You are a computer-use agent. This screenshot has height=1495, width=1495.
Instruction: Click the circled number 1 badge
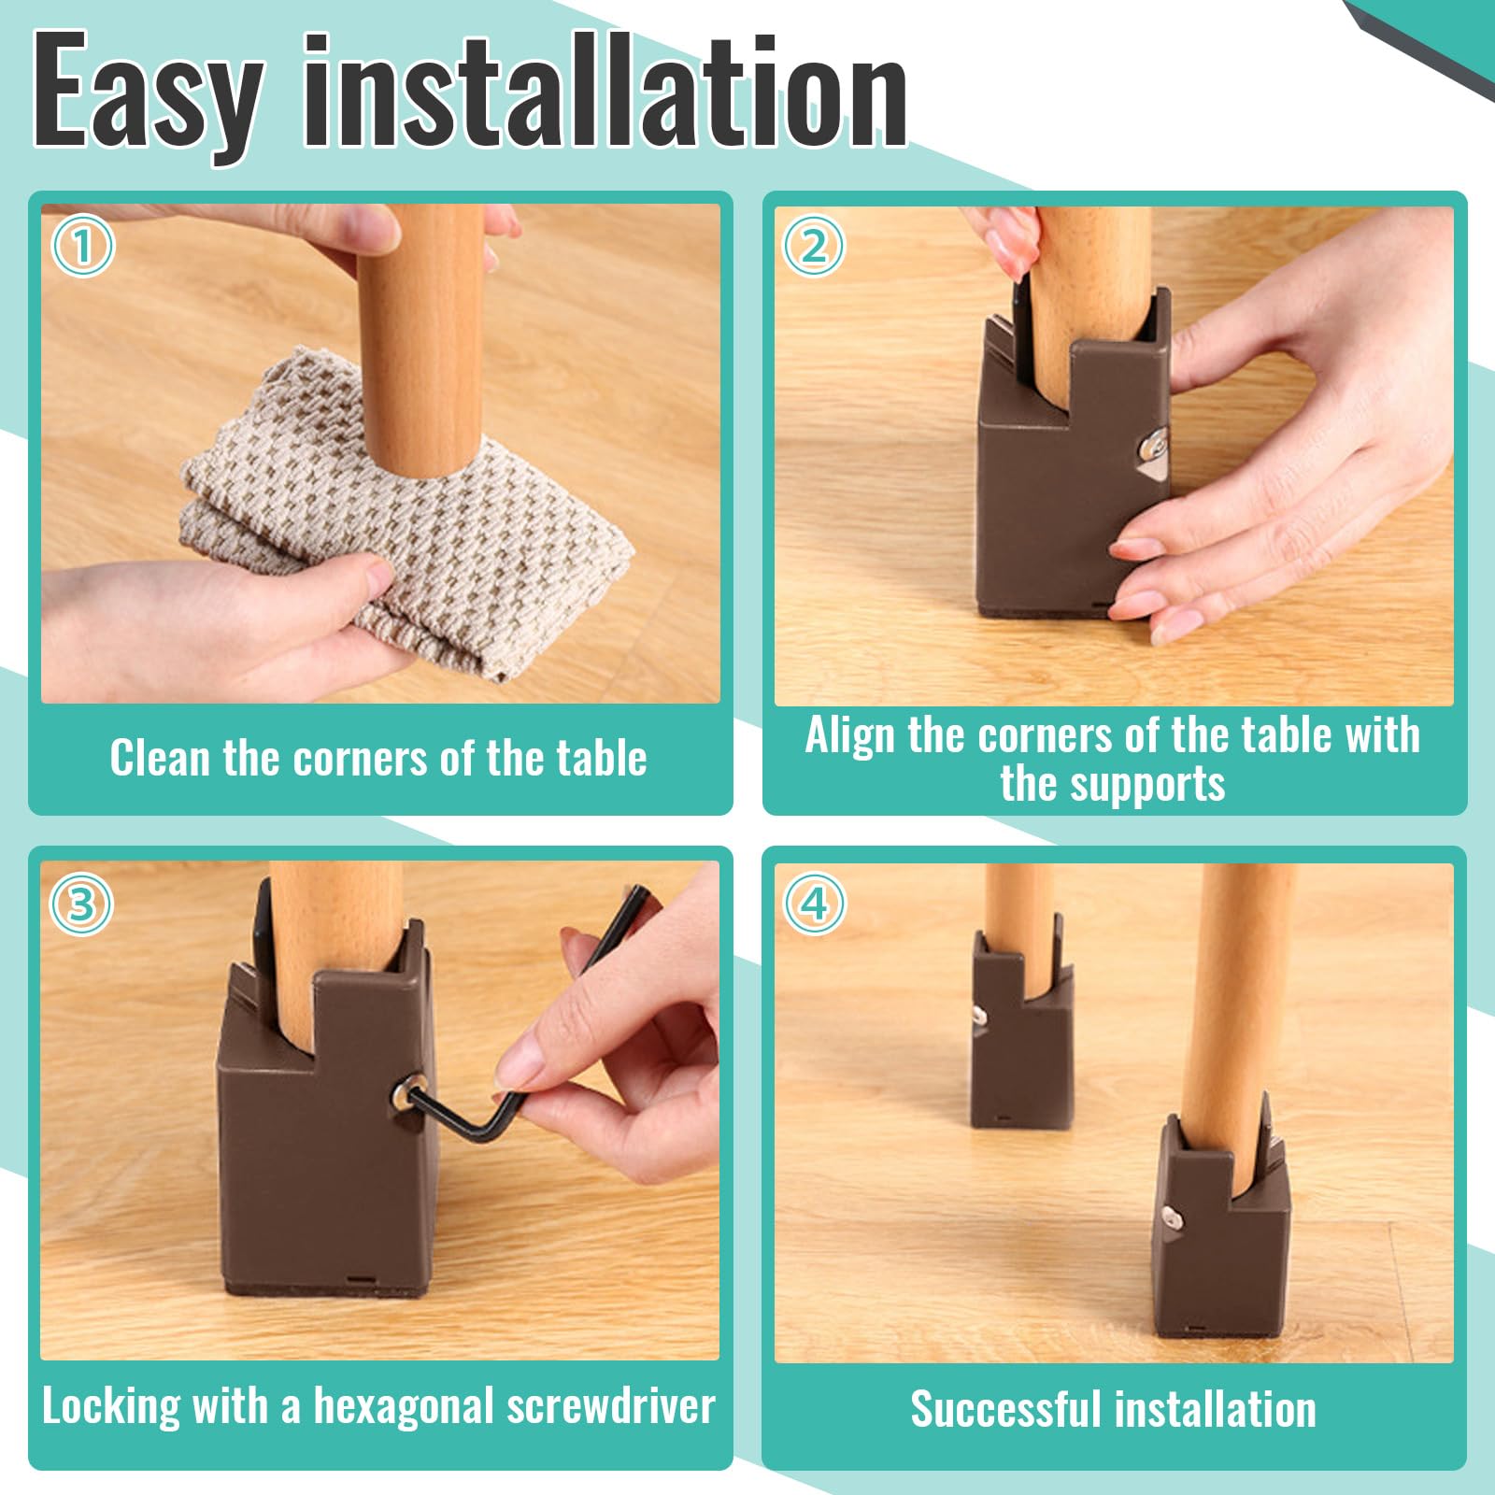point(82,247)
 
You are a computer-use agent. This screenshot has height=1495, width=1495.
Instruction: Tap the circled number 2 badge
point(814,247)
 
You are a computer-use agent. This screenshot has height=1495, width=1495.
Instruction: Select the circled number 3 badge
point(81,904)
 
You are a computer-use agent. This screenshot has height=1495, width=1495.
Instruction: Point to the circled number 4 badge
point(815,904)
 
